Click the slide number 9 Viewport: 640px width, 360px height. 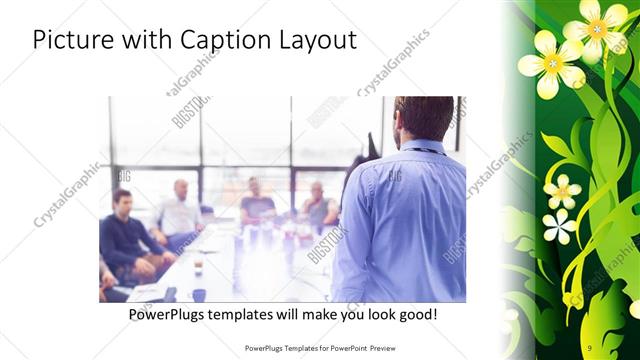589,347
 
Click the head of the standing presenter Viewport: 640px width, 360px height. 425,117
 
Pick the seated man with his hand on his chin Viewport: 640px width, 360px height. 319,205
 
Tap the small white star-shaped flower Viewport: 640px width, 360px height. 560,226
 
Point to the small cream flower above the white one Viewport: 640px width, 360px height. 561,190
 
